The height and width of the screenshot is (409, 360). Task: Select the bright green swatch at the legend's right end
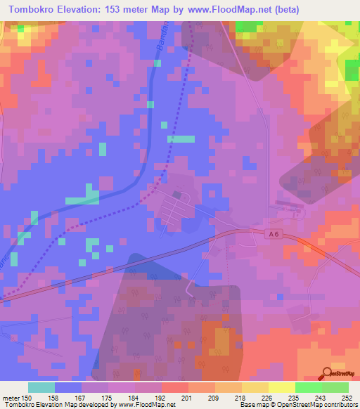[335, 387]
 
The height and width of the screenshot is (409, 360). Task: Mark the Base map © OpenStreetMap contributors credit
[298, 405]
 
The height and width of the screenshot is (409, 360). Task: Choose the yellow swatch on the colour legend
[281, 387]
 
